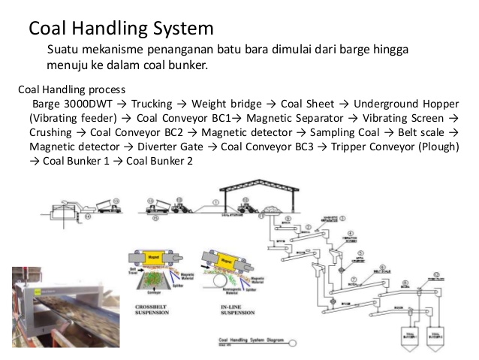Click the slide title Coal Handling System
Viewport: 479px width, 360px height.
pyautogui.click(x=121, y=29)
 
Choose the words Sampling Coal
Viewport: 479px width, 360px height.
pyautogui.click(x=337, y=132)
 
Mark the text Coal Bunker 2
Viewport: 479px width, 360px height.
pyautogui.click(x=159, y=161)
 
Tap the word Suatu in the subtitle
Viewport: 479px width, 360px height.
pyautogui.click(x=63, y=50)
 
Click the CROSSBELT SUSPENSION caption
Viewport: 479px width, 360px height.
pyautogui.click(x=152, y=310)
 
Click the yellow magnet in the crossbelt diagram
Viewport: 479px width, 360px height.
pyautogui.click(x=157, y=257)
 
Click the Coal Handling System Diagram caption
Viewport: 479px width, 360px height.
pyautogui.click(x=248, y=340)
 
